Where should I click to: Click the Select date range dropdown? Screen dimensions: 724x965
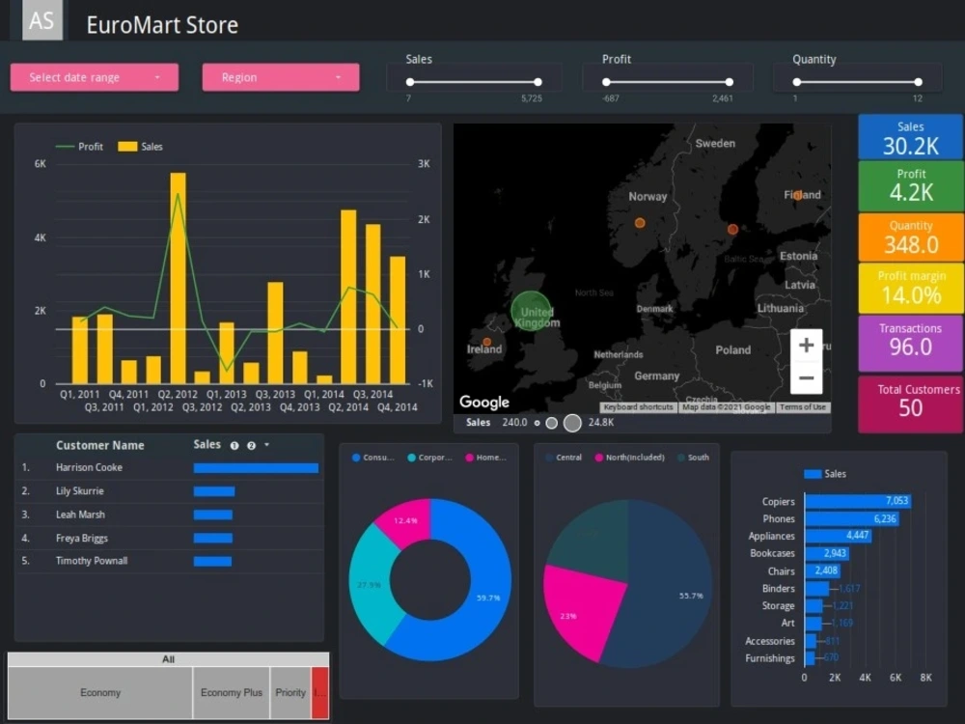click(x=94, y=77)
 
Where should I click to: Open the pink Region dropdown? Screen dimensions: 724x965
click(x=280, y=77)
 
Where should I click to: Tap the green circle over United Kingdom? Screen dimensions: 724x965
click(x=531, y=311)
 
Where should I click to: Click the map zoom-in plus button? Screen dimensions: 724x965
click(x=807, y=345)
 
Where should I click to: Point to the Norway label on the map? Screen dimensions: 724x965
click(x=648, y=196)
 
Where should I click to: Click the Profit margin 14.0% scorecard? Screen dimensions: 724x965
click(x=911, y=288)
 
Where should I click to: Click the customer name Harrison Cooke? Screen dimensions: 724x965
click(x=89, y=468)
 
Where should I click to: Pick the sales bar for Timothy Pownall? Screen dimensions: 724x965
click(x=212, y=561)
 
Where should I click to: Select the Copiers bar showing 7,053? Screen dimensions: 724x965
click(x=857, y=501)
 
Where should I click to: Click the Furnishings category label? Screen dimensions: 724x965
click(x=770, y=658)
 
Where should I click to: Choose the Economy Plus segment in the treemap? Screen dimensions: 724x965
click(x=232, y=692)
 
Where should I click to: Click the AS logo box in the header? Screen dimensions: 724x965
click(x=41, y=21)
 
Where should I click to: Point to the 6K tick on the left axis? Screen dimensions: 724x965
click(x=41, y=164)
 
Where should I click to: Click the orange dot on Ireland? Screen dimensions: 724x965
click(x=486, y=342)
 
